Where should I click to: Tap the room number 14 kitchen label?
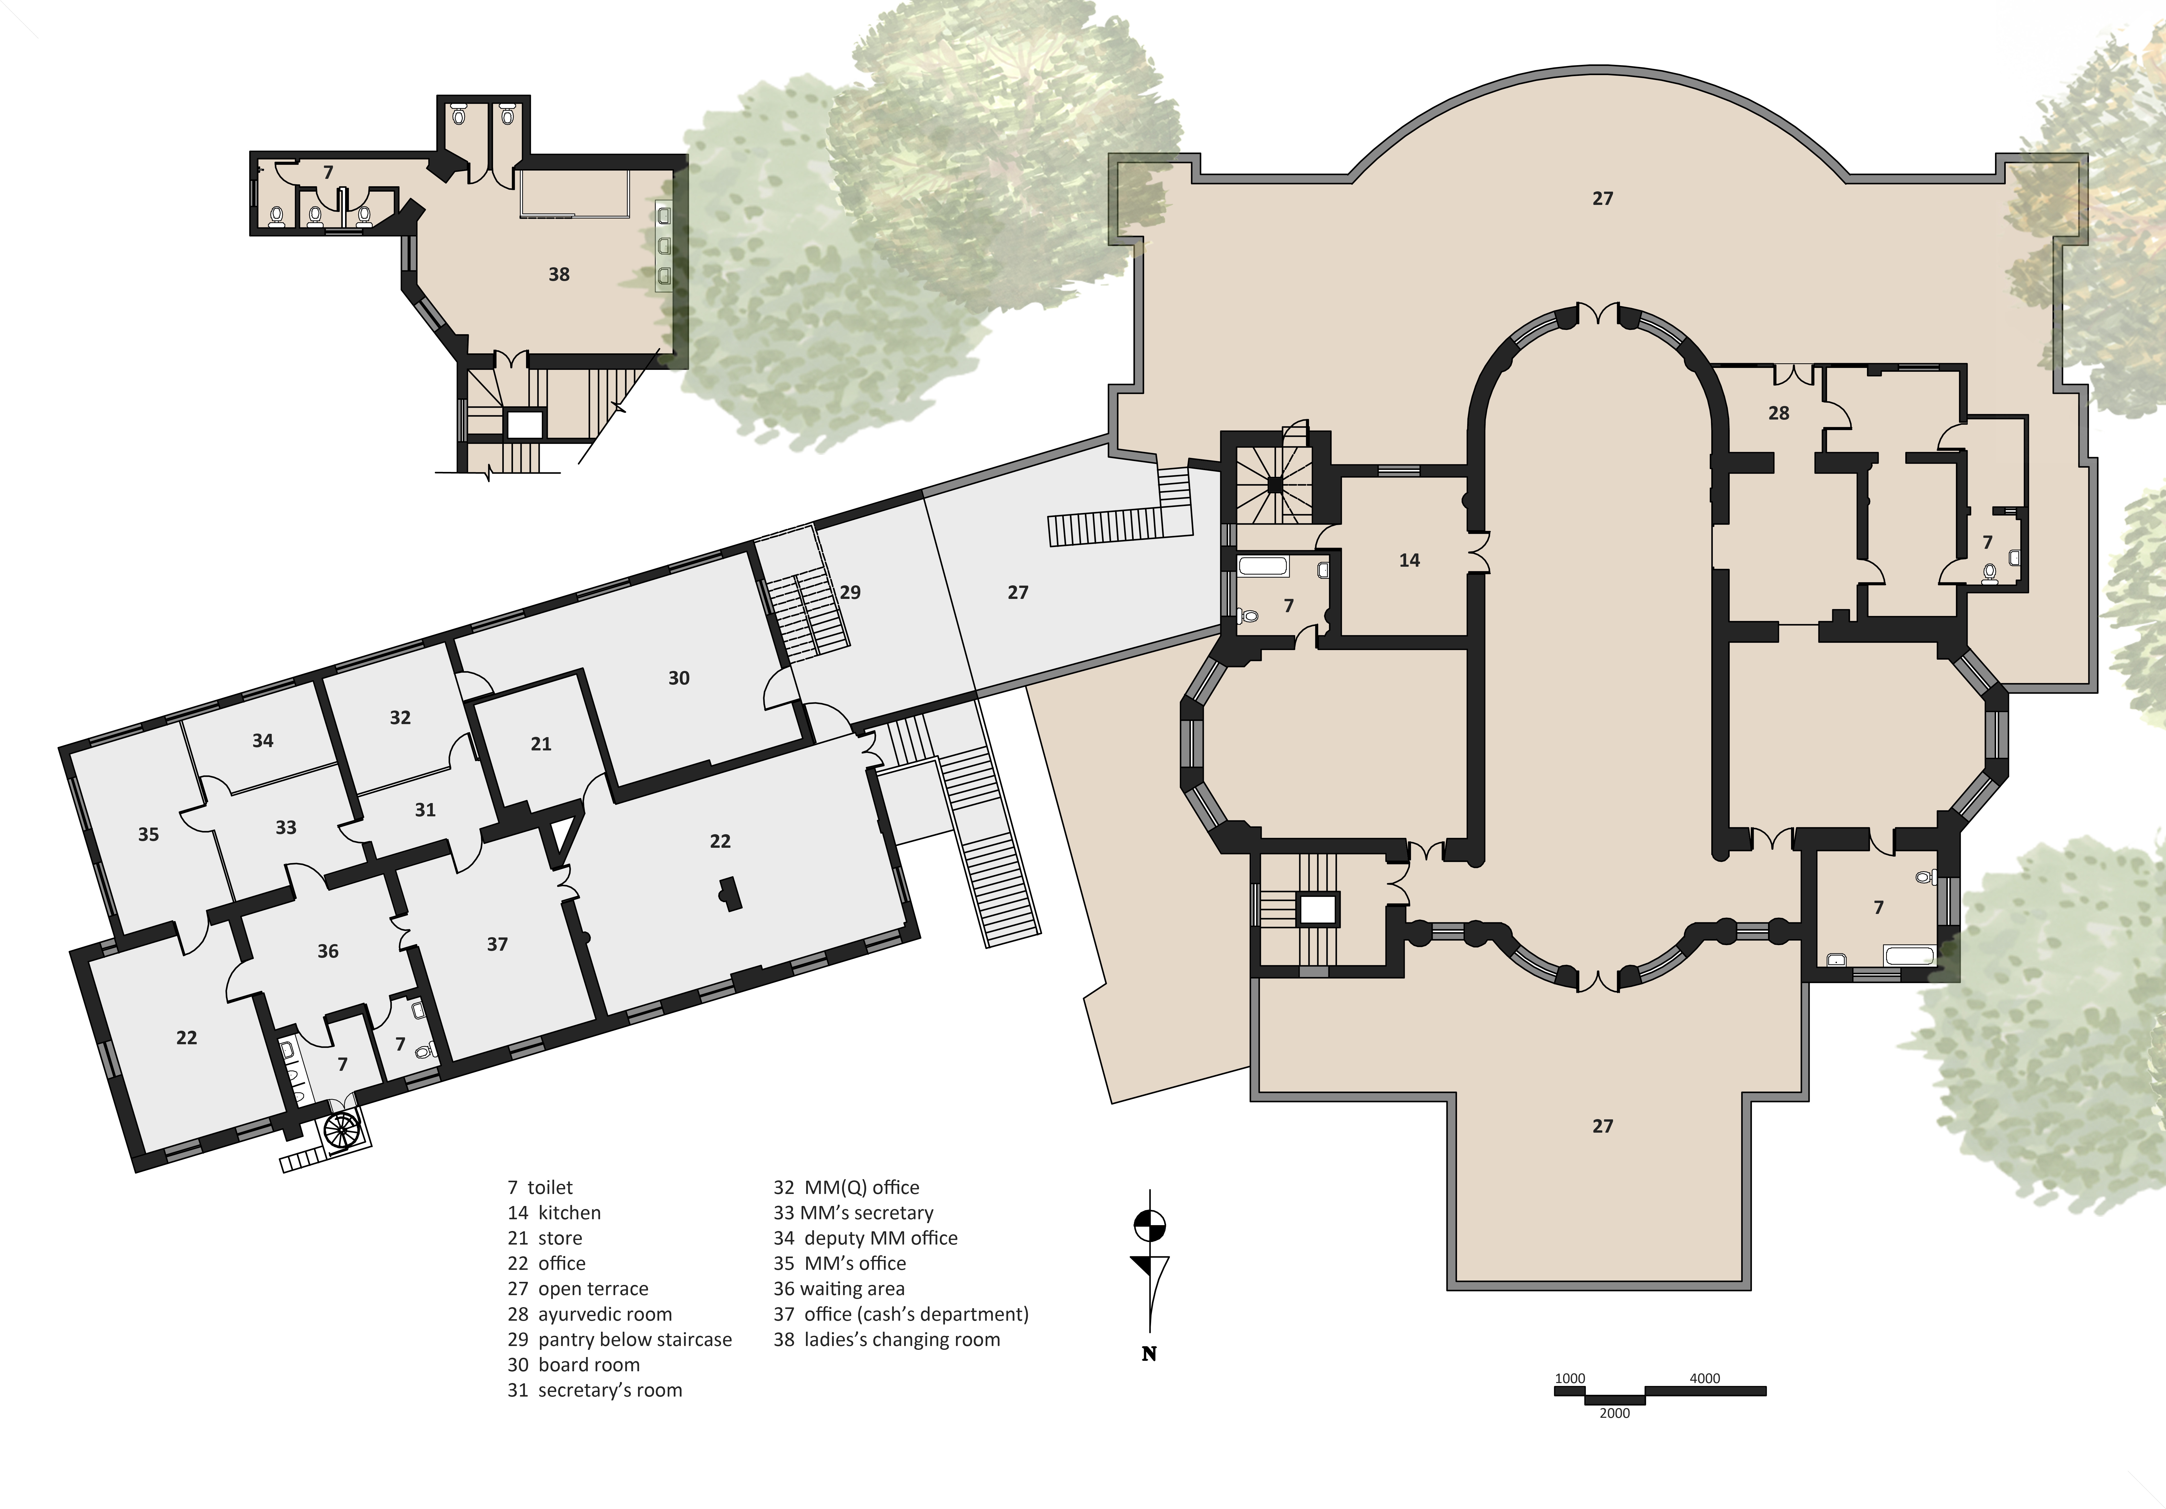tap(1409, 560)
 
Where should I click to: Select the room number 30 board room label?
tap(678, 678)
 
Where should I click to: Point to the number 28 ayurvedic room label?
tap(1778, 413)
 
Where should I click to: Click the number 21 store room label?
tap(541, 744)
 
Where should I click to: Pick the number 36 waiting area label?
tap(327, 951)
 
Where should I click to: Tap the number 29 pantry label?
tap(850, 592)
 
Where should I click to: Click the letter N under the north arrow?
tap(1149, 1354)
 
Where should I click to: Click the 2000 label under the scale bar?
tap(1614, 1413)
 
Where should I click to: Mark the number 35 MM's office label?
tap(148, 835)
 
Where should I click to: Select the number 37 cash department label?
tap(497, 944)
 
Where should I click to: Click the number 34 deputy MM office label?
tap(262, 741)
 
